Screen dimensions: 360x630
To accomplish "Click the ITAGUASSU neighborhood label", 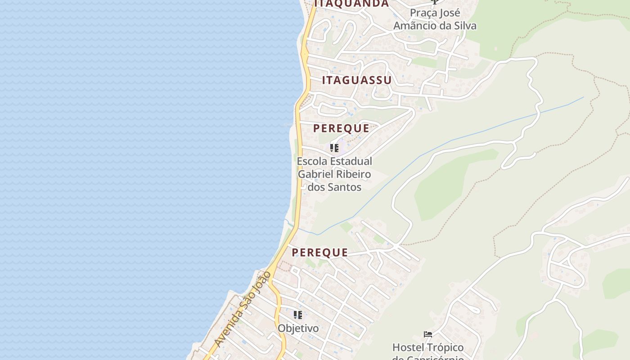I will point(357,81).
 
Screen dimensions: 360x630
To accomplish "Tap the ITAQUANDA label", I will point(351,4).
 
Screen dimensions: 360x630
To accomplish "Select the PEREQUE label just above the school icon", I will point(341,128).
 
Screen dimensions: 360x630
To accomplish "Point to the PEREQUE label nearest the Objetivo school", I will point(319,253).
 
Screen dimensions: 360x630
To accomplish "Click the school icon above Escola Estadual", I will point(334,148).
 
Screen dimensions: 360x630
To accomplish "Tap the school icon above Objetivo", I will point(297,315).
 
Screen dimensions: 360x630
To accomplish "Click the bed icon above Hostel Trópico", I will point(428,334).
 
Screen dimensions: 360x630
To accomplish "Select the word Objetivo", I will point(298,328).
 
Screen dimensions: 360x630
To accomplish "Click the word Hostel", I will point(408,348).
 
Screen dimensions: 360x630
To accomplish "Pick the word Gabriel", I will point(316,174).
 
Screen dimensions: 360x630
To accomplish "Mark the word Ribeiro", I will point(354,174).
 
